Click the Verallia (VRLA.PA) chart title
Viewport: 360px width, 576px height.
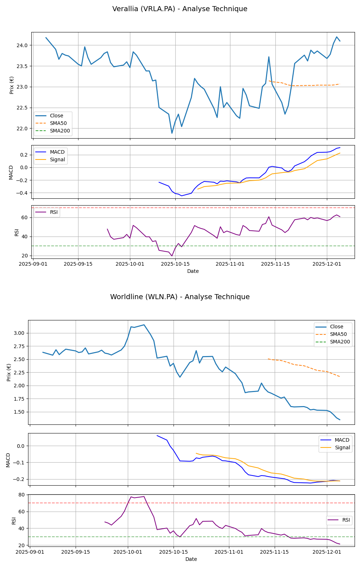180,9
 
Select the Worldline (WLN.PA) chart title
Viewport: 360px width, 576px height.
180,297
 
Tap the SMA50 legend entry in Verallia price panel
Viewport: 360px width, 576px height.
58,123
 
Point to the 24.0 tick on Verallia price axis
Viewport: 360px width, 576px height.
24,45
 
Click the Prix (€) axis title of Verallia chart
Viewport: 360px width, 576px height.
12,85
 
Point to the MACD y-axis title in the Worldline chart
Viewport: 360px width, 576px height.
8,460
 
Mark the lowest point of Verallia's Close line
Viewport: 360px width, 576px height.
172,133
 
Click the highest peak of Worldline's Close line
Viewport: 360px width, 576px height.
144,325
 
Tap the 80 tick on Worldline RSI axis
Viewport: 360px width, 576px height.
22,495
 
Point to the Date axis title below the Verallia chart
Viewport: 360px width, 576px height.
193,271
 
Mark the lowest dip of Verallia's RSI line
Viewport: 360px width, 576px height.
172,256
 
